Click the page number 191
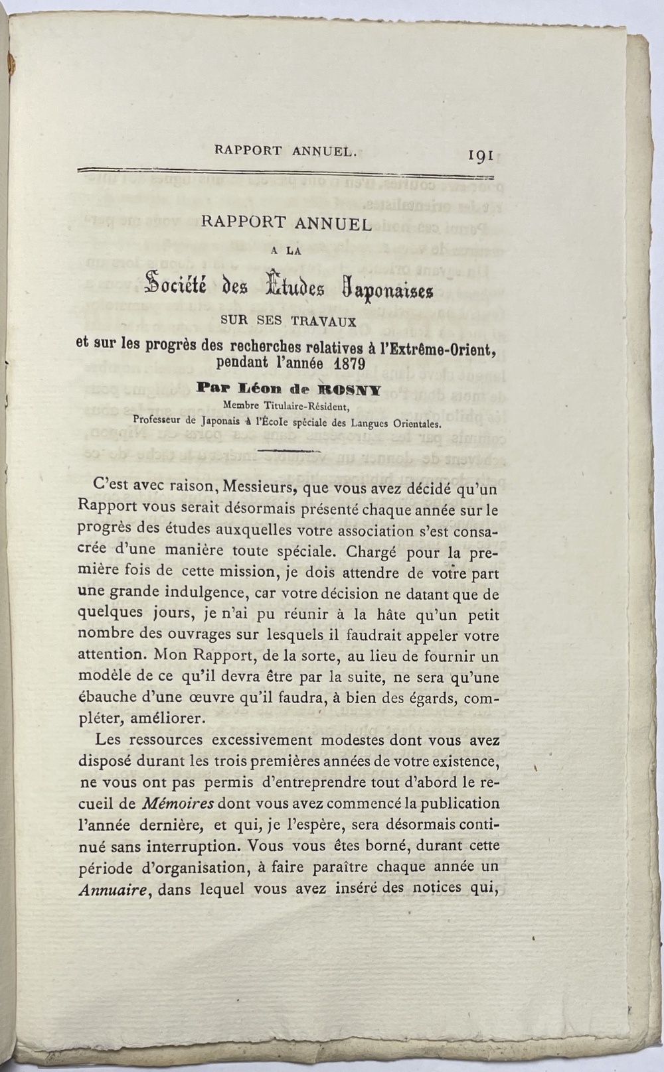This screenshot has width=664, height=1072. pos(479,155)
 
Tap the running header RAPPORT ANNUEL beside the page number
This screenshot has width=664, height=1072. pos(286,151)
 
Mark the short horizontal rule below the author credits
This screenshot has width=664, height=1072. pos(289,451)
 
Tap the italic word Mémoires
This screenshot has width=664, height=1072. pos(177,804)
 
